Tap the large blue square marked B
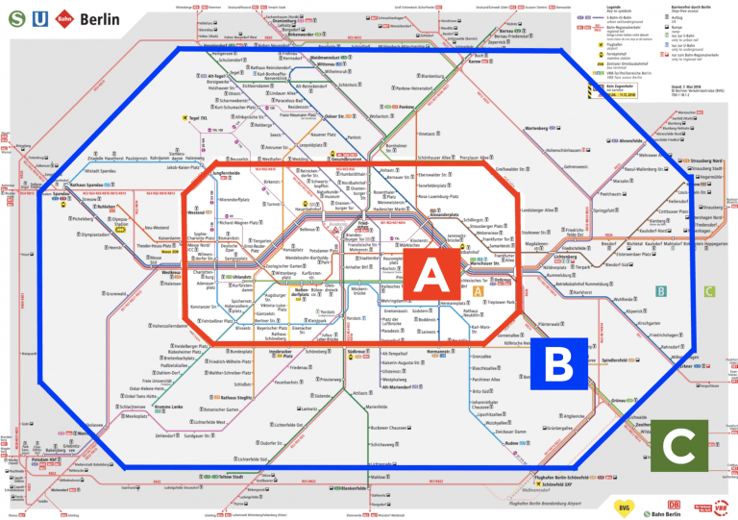(x=557, y=366)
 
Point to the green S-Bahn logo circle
(x=13, y=20)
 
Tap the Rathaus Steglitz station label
(x=234, y=397)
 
